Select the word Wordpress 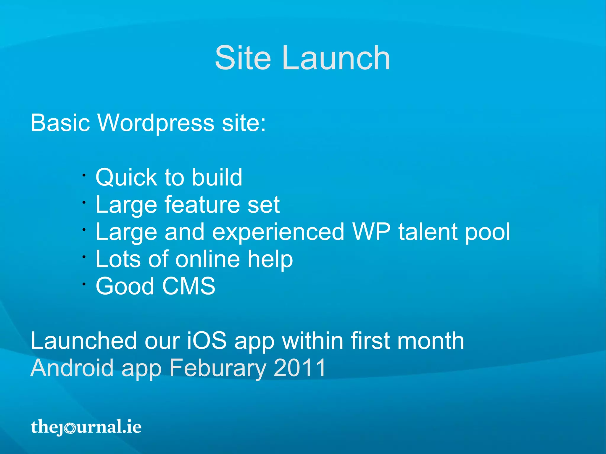[156, 123]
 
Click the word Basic [60, 123]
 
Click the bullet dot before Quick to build [84, 175]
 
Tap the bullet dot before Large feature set [84, 203]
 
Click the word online [207, 259]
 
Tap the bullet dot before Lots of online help [84, 257]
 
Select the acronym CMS [188, 286]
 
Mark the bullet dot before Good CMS [84, 284]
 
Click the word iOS [207, 341]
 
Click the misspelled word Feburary [217, 368]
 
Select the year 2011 [299, 368]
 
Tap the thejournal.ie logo [86, 427]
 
